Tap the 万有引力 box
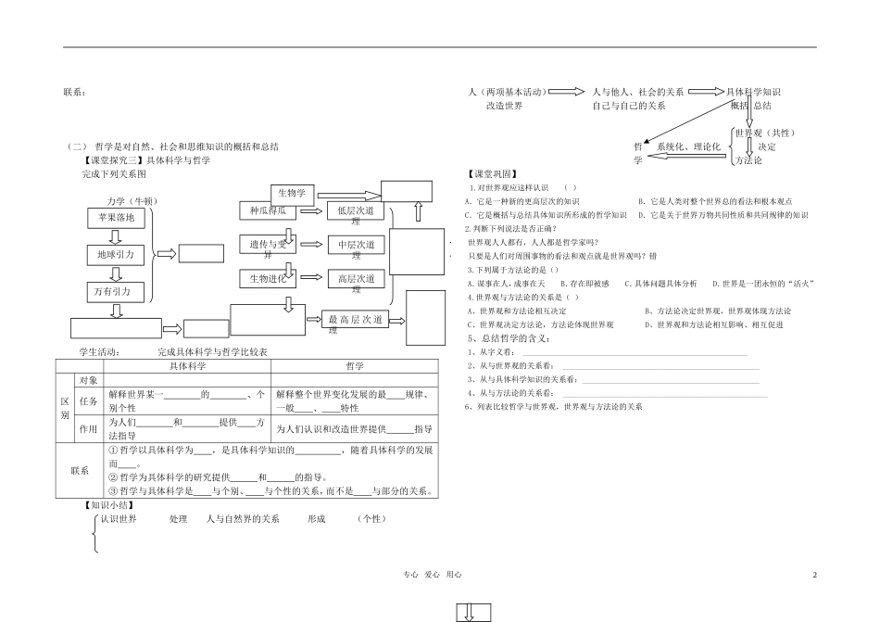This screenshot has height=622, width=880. [x=116, y=292]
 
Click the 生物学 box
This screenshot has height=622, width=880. [x=294, y=194]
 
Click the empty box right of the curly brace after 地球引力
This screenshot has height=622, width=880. [x=201, y=253]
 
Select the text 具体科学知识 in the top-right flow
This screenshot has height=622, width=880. [x=754, y=92]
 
